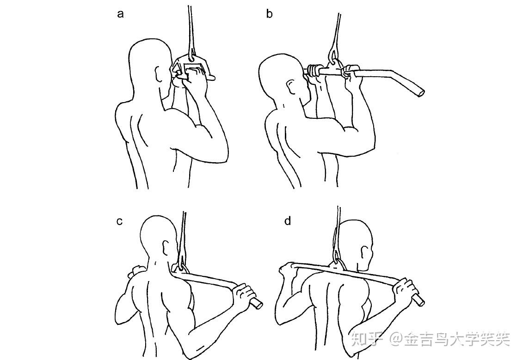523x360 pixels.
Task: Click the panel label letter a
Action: click(x=121, y=14)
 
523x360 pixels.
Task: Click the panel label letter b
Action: click(x=269, y=14)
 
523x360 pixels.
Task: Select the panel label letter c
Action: click(x=119, y=221)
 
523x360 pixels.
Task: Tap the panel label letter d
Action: click(x=288, y=221)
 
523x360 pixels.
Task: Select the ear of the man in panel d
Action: click(x=365, y=252)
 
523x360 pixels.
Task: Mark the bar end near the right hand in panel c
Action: click(x=257, y=303)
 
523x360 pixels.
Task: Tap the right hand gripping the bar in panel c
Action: click(x=243, y=294)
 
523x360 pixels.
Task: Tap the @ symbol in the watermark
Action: click(x=397, y=340)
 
